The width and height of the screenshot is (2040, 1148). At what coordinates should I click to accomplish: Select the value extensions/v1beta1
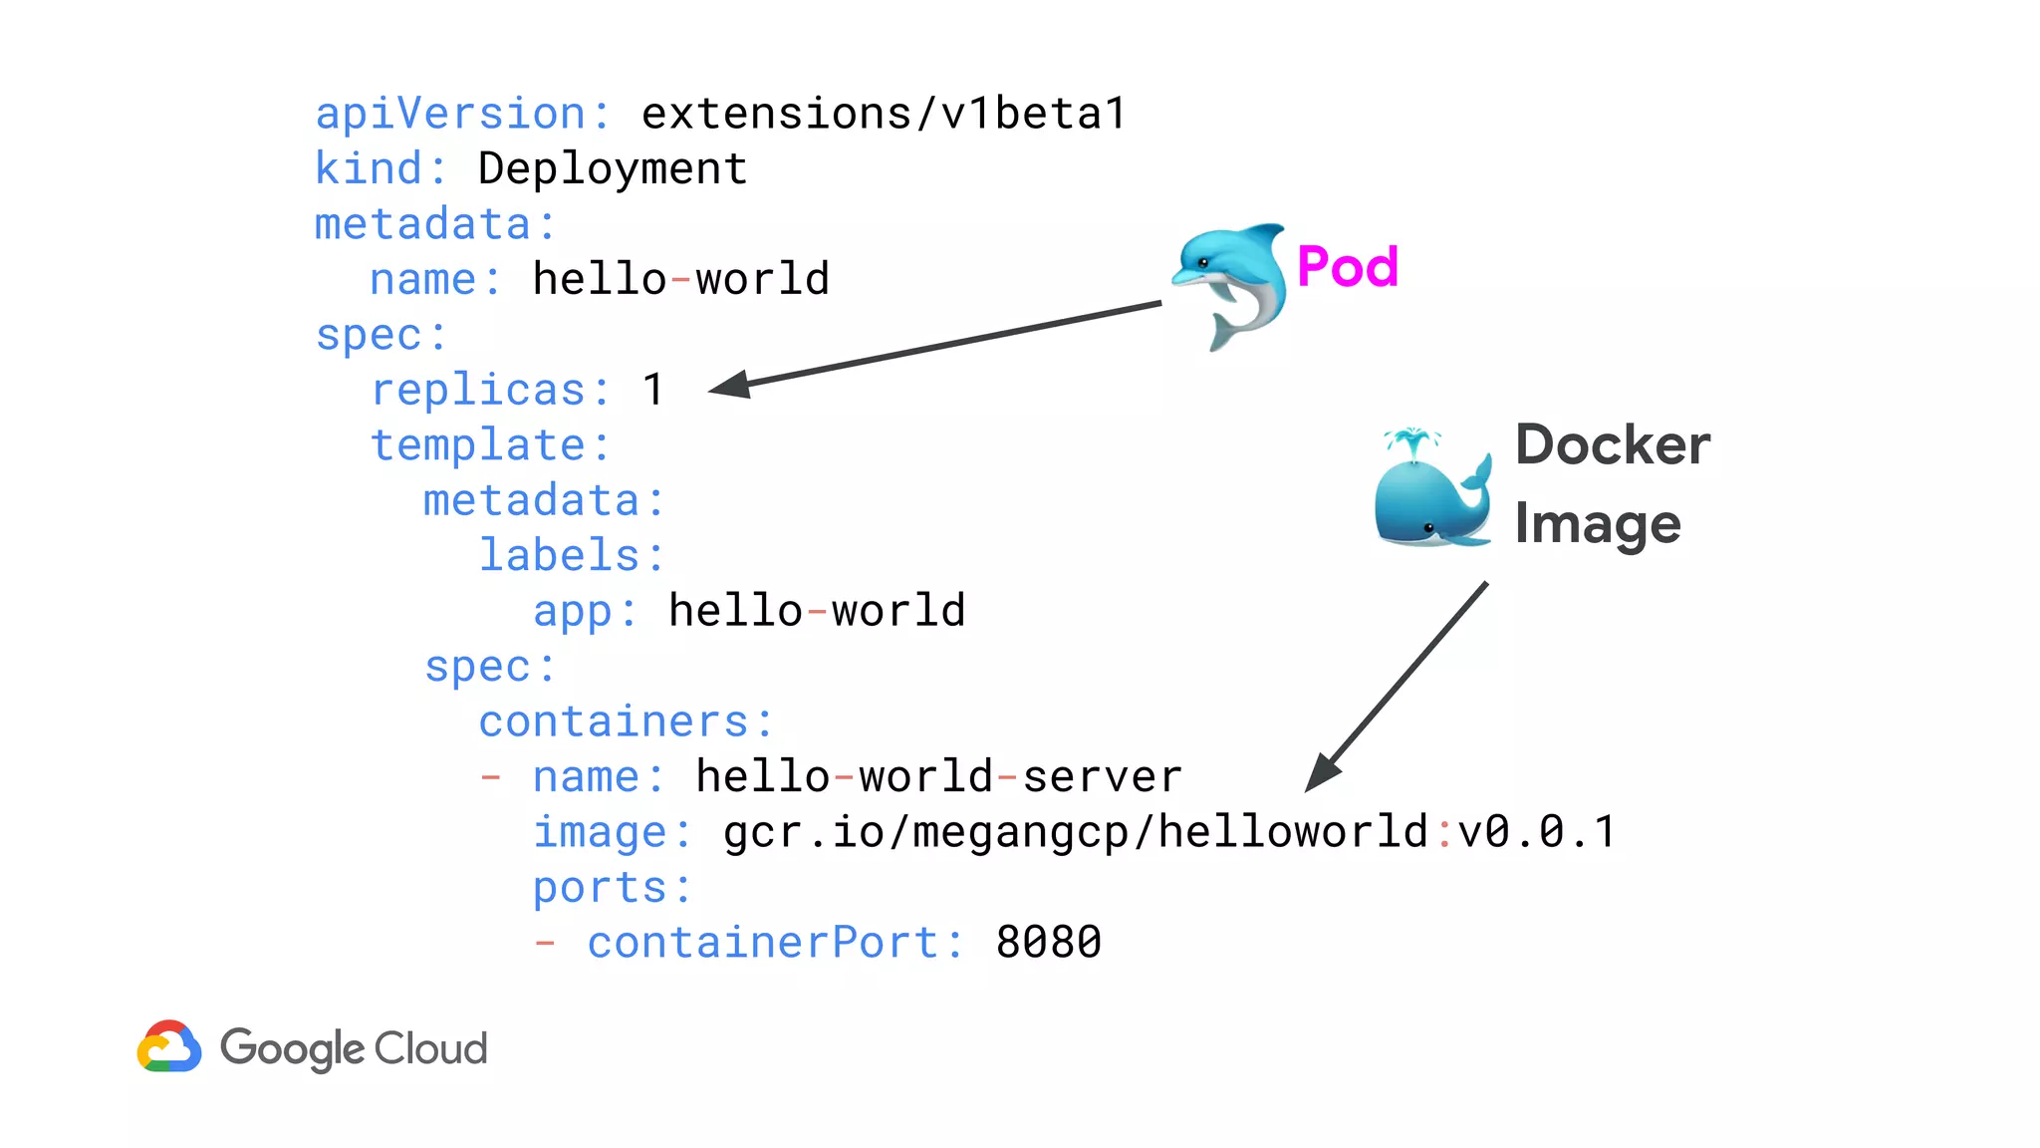pyautogui.click(x=884, y=114)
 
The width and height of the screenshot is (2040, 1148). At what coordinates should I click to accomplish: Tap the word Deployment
pyautogui.click(x=613, y=168)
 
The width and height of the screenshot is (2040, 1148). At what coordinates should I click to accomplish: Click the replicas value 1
pyautogui.click(x=653, y=390)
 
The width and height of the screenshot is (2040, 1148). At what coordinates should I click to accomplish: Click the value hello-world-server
pyautogui.click(x=938, y=776)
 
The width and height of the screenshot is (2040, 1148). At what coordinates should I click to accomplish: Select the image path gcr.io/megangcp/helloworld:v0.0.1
pyautogui.click(x=1169, y=832)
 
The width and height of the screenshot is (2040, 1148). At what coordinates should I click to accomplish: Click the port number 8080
pyautogui.click(x=1049, y=943)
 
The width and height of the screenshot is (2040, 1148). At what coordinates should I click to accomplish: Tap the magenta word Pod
pyautogui.click(x=1348, y=267)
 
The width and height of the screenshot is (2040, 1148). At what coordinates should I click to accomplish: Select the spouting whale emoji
pyautogui.click(x=1432, y=489)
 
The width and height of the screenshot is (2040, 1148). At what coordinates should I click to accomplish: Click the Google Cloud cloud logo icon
pyautogui.click(x=169, y=1046)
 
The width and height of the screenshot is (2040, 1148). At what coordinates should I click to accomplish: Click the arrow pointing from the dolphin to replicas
pyautogui.click(x=936, y=345)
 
